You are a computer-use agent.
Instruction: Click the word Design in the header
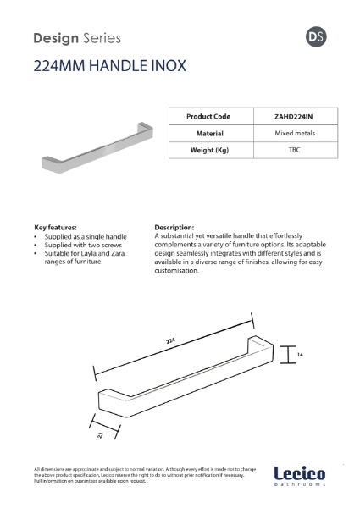click(x=56, y=38)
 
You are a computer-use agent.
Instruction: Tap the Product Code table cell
click(x=209, y=116)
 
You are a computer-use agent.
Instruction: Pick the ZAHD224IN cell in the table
click(x=294, y=116)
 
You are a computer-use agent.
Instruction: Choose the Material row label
click(x=209, y=133)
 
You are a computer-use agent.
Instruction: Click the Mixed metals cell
click(x=294, y=133)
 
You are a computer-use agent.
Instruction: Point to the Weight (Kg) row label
click(x=209, y=150)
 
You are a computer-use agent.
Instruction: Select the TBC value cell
click(x=294, y=150)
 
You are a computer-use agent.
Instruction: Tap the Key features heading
click(x=56, y=228)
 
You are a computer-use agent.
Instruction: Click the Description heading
click(x=174, y=228)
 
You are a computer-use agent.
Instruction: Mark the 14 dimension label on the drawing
click(x=301, y=355)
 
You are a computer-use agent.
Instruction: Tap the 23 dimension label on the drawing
click(x=99, y=434)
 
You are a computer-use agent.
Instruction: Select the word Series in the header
click(x=102, y=38)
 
